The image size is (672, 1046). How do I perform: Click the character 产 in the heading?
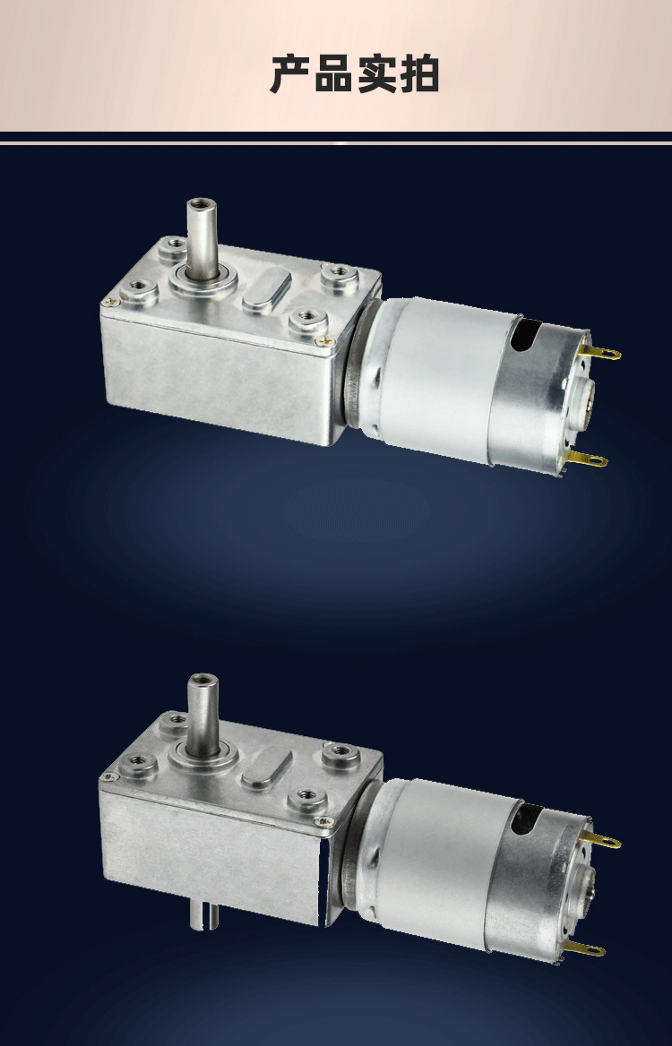[x=291, y=74]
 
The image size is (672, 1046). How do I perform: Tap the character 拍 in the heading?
[x=418, y=74]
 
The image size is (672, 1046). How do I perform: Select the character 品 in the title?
[x=333, y=74]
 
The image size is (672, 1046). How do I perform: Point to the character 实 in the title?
[x=376, y=74]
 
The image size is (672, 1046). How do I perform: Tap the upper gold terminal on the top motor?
[x=600, y=352]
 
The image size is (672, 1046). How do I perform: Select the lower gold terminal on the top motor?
[x=587, y=459]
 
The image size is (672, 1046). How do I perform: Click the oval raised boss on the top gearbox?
[x=266, y=292]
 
